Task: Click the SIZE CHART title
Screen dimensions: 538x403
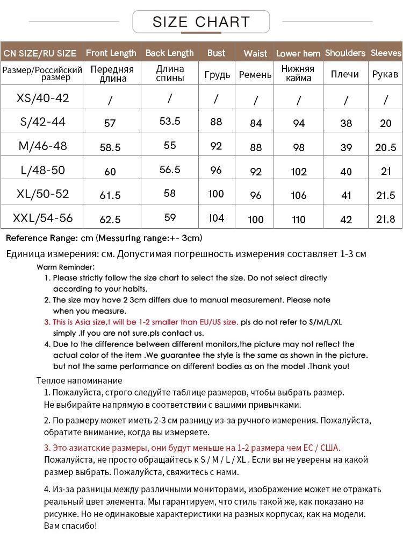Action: (x=201, y=22)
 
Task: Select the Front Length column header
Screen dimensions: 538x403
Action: (x=111, y=53)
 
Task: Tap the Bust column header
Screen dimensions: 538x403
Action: (x=216, y=53)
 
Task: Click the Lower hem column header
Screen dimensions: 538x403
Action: (x=298, y=53)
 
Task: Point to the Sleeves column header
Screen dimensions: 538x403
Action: (x=386, y=53)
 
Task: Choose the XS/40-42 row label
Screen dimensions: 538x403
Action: (x=43, y=98)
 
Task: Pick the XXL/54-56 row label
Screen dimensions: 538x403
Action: (x=43, y=218)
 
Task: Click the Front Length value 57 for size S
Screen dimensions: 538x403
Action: (x=110, y=123)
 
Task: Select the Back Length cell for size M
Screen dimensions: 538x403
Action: (x=170, y=145)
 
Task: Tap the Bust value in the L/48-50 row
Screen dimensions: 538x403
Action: (x=216, y=169)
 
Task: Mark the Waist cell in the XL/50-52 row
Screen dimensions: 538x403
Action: (x=256, y=195)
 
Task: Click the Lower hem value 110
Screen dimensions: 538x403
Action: (x=299, y=220)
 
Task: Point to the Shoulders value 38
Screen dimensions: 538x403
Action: (x=346, y=123)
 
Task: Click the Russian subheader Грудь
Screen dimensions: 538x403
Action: (x=217, y=75)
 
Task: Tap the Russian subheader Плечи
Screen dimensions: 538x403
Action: (x=344, y=75)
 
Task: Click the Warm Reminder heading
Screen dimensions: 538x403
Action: (x=66, y=267)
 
